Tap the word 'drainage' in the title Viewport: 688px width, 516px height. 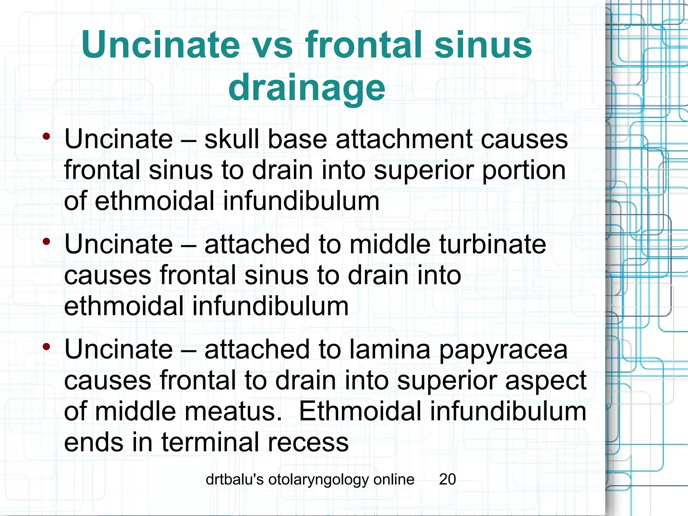307,88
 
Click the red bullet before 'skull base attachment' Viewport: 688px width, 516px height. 46,136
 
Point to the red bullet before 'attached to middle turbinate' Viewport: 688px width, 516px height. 46,241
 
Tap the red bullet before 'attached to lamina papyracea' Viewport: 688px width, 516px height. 46,346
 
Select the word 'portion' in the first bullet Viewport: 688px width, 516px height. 524,170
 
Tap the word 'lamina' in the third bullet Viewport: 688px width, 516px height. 390,350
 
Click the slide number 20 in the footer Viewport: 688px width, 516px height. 447,479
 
